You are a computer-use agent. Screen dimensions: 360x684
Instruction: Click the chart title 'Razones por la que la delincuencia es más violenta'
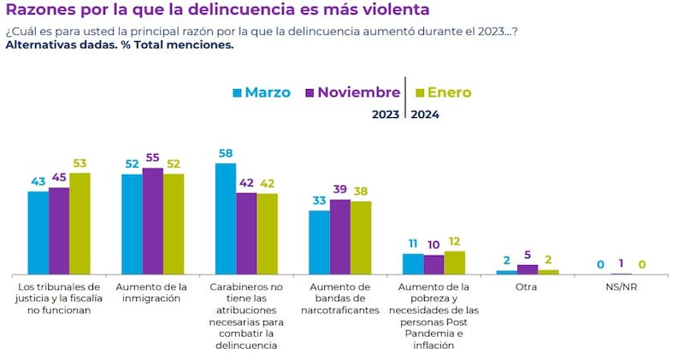217,10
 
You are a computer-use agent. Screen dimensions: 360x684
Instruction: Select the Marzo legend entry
261,92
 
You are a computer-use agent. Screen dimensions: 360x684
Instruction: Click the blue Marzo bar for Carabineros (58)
226,218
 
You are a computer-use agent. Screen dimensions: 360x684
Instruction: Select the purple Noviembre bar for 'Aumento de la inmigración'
152,221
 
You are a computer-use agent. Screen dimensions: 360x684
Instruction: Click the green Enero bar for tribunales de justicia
80,223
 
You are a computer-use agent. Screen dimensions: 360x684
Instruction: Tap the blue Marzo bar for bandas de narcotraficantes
319,242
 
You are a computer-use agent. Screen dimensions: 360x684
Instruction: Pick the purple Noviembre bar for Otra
528,269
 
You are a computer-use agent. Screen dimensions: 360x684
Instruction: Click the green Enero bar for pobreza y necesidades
455,263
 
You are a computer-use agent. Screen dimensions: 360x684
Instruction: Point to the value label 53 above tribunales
80,163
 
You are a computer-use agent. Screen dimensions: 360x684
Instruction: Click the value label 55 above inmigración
152,158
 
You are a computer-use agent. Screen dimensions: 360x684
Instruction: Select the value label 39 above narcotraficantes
340,190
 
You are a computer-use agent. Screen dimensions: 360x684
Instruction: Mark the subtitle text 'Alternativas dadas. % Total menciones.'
119,45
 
